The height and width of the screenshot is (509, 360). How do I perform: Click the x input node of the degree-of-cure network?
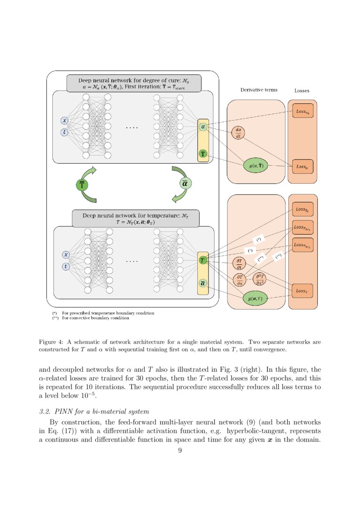coord(64,121)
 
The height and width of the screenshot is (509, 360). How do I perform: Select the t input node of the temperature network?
coord(66,266)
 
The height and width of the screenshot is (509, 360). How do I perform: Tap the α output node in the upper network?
coord(203,127)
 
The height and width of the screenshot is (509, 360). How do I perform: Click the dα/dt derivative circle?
coord(238,133)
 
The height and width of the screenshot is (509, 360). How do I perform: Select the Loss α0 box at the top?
coord(303,112)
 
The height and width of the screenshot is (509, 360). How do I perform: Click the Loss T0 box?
coord(303,210)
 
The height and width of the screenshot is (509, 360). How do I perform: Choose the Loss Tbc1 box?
coord(303,227)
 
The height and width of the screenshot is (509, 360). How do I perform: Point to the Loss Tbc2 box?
coord(303,245)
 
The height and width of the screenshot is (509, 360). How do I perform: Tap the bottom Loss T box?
coord(303,290)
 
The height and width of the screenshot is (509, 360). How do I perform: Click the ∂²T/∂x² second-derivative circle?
coord(259,279)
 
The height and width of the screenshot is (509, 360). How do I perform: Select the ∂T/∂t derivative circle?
coord(239,264)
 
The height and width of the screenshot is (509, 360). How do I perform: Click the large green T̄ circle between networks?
coord(82,185)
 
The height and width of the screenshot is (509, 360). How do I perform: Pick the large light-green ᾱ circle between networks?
coord(185,184)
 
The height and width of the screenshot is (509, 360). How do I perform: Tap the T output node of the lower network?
coord(202,260)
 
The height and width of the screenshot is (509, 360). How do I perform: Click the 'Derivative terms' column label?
coord(259,90)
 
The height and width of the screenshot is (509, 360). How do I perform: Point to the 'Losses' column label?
coord(302,91)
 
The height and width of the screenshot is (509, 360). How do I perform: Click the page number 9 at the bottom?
coord(180,451)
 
